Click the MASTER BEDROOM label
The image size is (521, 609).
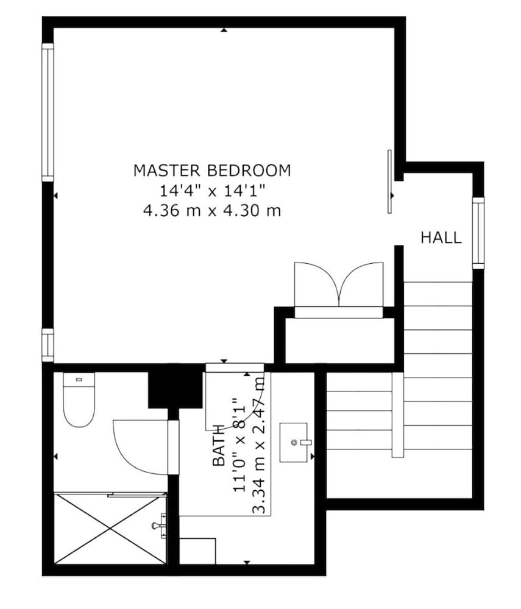(211, 171)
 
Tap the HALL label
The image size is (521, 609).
(441, 238)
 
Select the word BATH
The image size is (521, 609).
(219, 446)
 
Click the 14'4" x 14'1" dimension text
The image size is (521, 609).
(212, 191)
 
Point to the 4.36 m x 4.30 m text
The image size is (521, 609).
(212, 211)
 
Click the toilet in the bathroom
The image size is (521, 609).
(79, 400)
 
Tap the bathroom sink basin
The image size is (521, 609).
(294, 442)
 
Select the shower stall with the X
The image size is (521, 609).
(110, 528)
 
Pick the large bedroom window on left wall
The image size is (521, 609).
(48, 112)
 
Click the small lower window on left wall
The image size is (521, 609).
(48, 345)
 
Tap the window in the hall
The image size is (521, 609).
(478, 233)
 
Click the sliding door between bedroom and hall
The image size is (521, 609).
(389, 181)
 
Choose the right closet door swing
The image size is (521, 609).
(361, 284)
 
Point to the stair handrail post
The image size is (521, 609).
(397, 415)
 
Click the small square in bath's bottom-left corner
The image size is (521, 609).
(197, 551)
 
